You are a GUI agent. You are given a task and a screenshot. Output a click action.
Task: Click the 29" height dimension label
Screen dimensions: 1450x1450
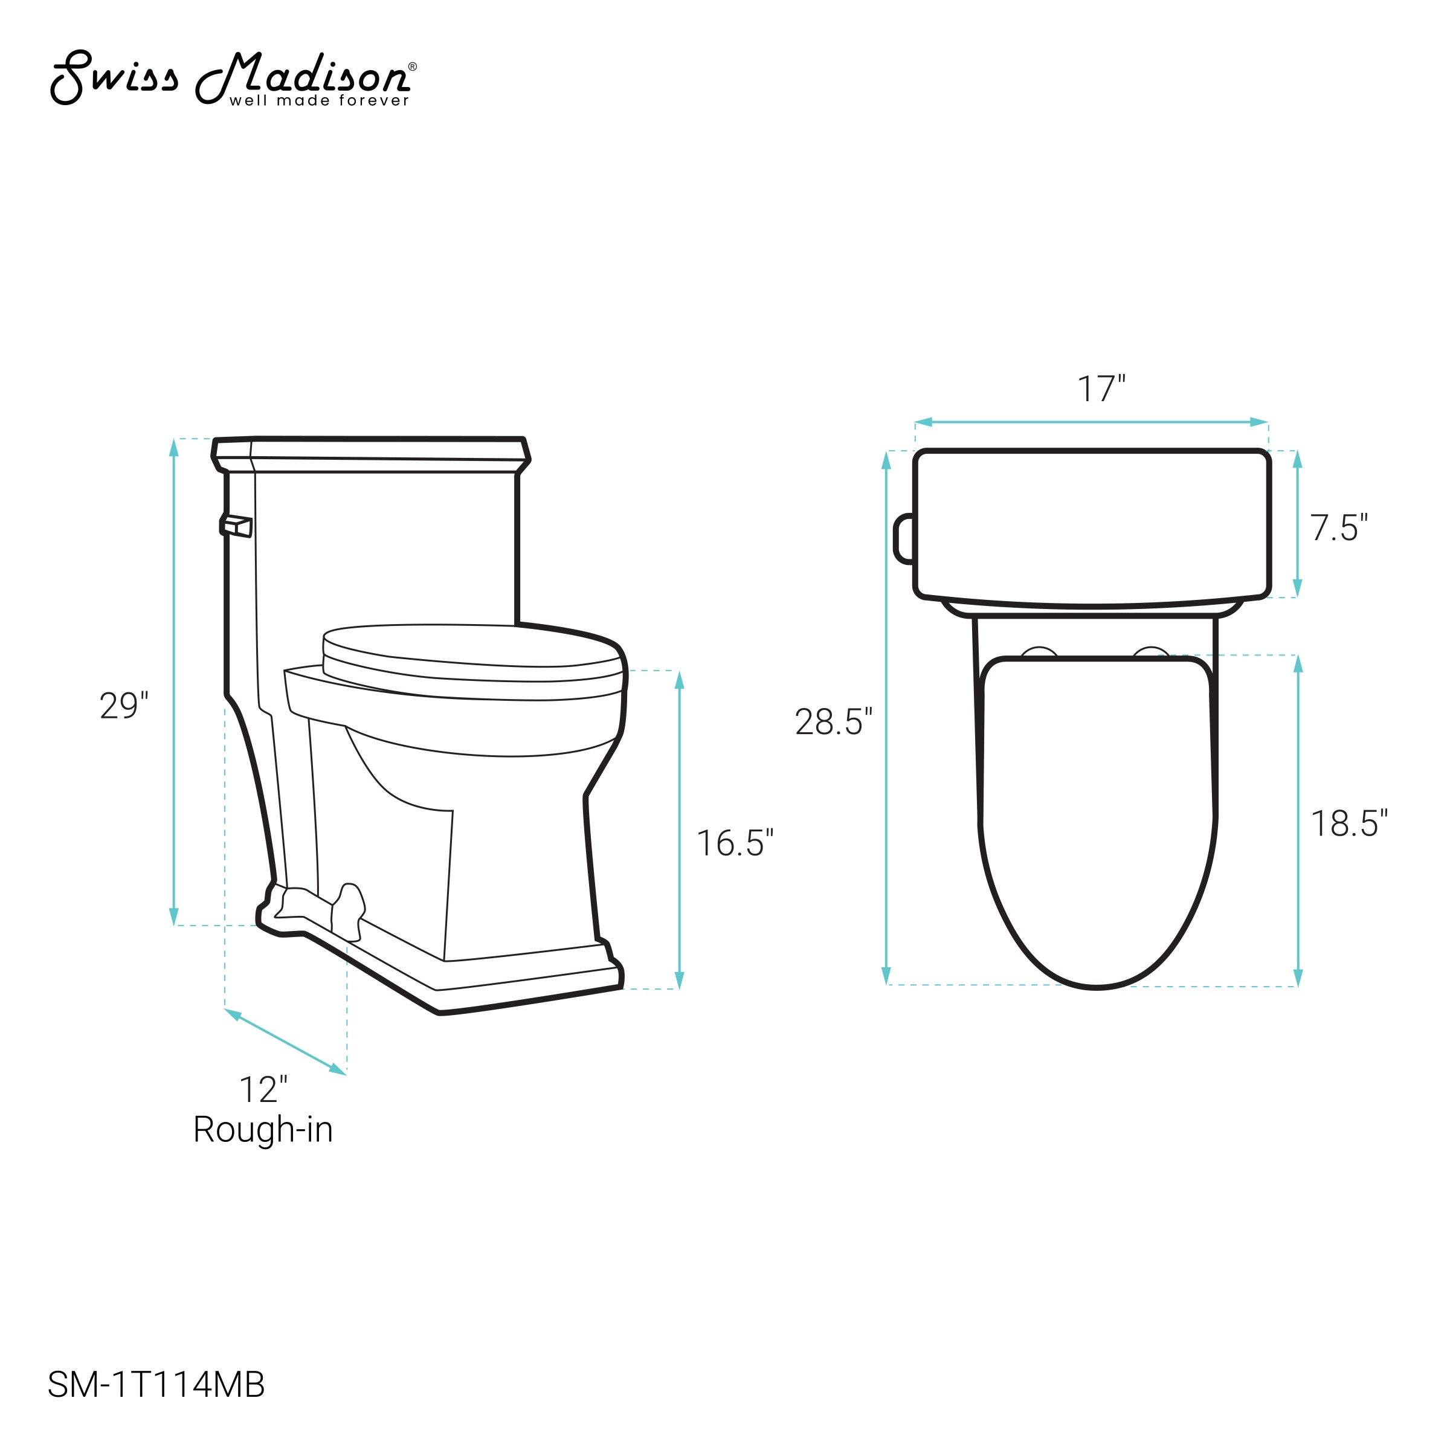(x=124, y=706)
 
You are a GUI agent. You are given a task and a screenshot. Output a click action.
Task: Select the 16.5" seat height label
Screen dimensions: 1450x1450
(x=735, y=843)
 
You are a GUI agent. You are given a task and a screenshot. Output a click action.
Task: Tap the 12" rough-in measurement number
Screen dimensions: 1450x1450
(x=263, y=1090)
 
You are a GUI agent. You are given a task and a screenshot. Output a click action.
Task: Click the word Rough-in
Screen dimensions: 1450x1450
(x=263, y=1130)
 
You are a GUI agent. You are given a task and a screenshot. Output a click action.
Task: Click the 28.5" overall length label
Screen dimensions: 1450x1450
(x=834, y=721)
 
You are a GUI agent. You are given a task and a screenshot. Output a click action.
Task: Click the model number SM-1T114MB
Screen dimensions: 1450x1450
(x=156, y=1385)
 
